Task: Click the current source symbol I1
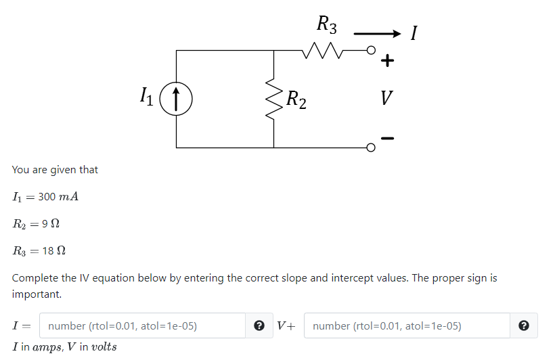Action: pos(176,99)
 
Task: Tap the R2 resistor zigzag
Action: pos(273,99)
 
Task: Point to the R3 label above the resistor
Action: pos(326,26)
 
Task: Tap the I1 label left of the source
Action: pos(146,97)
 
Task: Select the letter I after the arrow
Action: pos(414,32)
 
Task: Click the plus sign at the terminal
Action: pos(386,62)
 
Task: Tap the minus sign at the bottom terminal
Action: pos(386,139)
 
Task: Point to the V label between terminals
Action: pos(385,99)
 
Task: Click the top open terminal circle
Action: pos(370,51)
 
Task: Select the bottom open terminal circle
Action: pos(370,147)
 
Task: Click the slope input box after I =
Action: pos(142,325)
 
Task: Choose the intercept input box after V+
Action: pos(406,325)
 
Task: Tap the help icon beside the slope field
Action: pos(258,325)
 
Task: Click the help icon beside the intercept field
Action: pos(523,325)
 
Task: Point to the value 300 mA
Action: pos(59,197)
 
